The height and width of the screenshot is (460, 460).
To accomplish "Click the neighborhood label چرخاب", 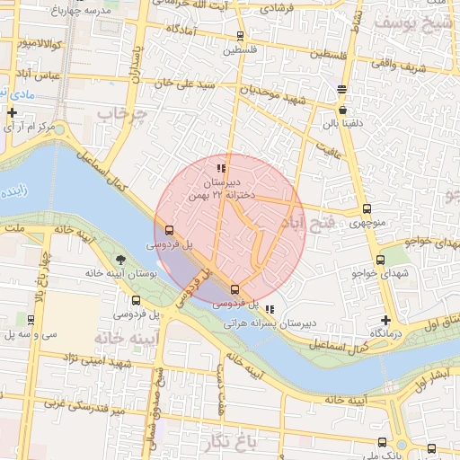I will pos(121,115).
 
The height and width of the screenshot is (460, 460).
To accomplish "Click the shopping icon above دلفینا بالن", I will pos(342,89).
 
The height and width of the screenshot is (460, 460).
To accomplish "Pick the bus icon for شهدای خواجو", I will pos(380,260).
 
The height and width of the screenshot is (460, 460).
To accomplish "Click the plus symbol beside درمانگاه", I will pos(385,320).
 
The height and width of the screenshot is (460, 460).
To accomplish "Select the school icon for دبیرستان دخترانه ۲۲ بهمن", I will pos(221,168).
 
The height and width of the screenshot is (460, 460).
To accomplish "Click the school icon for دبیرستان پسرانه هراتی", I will pos(270,309).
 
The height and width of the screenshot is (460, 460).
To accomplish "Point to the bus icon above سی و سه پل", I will pos(31,319).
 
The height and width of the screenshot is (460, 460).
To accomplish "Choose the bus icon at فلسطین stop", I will pos(240,36).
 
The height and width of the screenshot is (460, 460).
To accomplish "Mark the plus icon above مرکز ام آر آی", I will pos(12,113).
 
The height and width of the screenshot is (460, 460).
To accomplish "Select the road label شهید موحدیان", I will pos(272,93).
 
